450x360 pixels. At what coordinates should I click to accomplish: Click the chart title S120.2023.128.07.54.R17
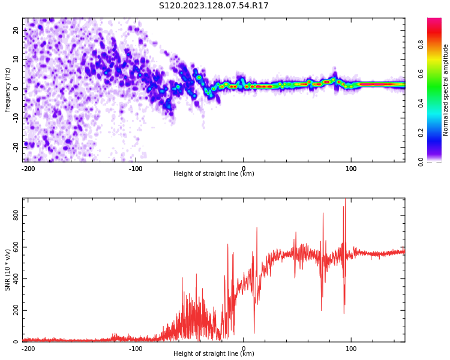point(214,6)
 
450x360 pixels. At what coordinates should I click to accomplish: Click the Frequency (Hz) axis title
point(8,90)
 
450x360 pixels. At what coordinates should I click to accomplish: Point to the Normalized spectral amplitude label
point(446,90)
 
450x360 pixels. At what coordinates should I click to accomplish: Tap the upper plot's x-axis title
point(214,174)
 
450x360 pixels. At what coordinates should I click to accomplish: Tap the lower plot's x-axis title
point(214,353)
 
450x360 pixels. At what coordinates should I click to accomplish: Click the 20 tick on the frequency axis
point(16,30)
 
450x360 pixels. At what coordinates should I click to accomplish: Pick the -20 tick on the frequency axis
point(16,146)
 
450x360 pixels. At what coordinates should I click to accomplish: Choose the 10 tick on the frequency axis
point(16,59)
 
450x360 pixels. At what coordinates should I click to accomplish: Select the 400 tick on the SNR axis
point(16,279)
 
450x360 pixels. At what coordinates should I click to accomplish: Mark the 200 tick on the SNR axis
point(16,311)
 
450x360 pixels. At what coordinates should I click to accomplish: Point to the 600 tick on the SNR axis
point(16,247)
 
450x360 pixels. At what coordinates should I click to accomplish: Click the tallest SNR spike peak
point(345,200)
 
